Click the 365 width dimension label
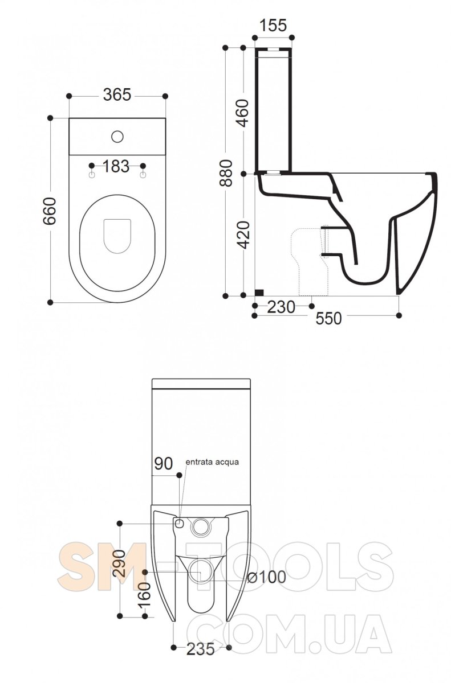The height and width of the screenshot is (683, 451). [117, 95]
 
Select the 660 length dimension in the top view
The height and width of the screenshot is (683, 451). [50, 211]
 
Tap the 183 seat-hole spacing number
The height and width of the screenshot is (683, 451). [116, 166]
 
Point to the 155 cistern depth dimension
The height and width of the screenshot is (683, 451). [273, 25]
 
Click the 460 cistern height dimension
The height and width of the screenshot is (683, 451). [243, 113]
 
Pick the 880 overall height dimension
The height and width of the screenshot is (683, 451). [226, 173]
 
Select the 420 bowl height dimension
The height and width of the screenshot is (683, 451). [243, 235]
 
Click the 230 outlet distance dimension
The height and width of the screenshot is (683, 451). [281, 307]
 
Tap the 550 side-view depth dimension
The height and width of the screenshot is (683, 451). [328, 319]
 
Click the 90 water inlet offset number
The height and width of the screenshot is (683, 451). [164, 464]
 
